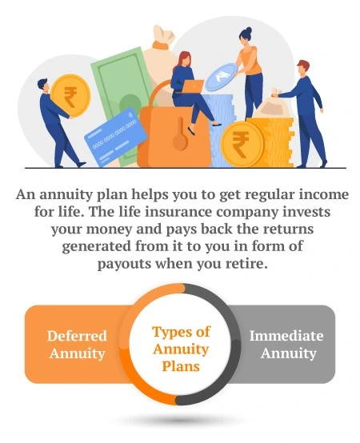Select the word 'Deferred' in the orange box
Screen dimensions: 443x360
(77, 336)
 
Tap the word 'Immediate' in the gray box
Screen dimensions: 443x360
(283, 336)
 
